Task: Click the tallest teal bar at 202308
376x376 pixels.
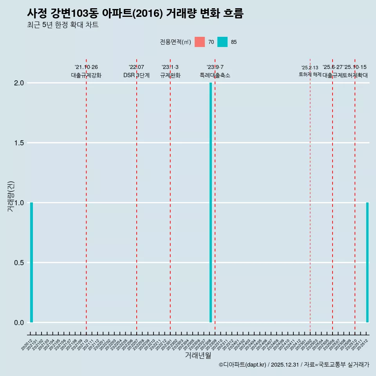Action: click(x=211, y=202)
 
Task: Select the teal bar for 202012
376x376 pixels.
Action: click(x=31, y=262)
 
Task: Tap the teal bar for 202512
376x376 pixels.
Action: click(x=367, y=262)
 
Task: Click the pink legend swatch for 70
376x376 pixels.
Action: click(x=200, y=42)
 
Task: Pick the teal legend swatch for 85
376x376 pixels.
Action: click(x=222, y=42)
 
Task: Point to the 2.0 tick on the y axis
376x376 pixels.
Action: click(x=19, y=83)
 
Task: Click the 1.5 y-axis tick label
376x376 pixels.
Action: click(x=19, y=143)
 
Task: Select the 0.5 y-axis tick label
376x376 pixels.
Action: click(x=19, y=262)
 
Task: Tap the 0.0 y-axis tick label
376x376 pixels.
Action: click(x=19, y=322)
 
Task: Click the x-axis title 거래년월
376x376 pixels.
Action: click(x=198, y=356)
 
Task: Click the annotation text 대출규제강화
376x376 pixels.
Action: click(x=86, y=75)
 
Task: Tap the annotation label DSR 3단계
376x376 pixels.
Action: click(x=136, y=75)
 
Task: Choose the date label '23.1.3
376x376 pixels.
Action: click(x=170, y=67)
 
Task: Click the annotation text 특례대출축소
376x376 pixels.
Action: click(x=215, y=75)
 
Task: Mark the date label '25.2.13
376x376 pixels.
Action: click(x=310, y=68)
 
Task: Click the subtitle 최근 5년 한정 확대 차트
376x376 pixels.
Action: click(x=63, y=25)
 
